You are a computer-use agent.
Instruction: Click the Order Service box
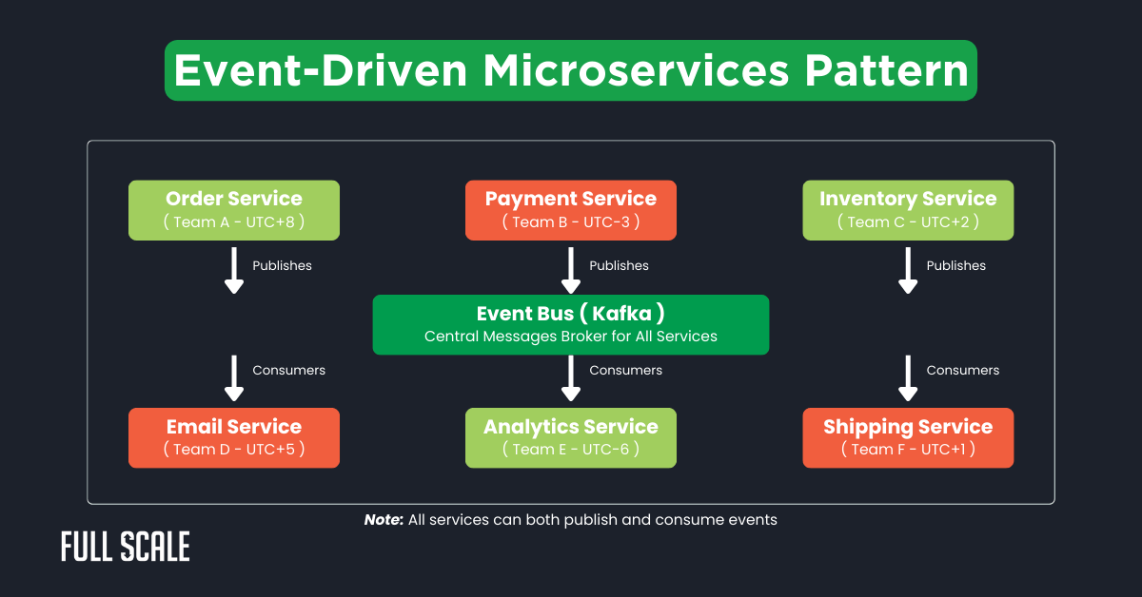click(234, 210)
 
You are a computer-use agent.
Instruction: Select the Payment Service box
click(571, 210)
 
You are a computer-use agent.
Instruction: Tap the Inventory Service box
click(908, 210)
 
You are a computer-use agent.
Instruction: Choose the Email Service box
click(234, 437)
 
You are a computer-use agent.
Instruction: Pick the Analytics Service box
click(571, 437)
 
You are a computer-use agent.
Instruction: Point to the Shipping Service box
click(908, 437)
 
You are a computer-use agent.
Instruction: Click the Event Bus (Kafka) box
click(571, 324)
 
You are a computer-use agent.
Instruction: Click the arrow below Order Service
click(233, 270)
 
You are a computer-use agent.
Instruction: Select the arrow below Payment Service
click(571, 270)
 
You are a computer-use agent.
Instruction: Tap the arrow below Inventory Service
click(908, 270)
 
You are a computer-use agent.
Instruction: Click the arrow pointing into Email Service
click(233, 377)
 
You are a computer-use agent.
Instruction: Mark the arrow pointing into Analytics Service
click(571, 377)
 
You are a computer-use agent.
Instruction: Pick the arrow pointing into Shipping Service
click(908, 377)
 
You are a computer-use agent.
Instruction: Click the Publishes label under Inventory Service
click(955, 266)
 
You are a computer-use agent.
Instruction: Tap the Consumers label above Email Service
click(288, 371)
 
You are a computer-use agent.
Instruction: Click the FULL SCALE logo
click(126, 548)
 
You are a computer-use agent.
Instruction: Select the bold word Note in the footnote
click(384, 520)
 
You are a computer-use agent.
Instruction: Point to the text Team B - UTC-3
click(571, 222)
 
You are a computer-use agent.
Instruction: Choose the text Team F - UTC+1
click(908, 450)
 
